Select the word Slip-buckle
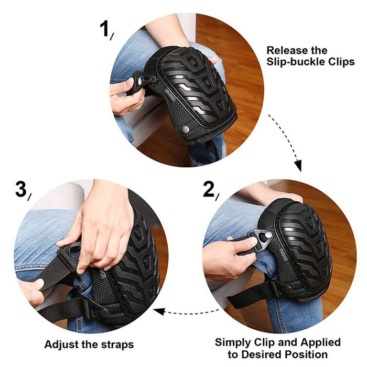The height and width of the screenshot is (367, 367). (x=295, y=62)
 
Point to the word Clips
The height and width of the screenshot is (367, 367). (x=341, y=62)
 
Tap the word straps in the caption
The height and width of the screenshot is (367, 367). (x=117, y=345)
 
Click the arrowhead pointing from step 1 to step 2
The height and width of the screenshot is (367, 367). (x=298, y=166)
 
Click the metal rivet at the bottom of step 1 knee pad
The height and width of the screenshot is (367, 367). (x=186, y=129)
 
